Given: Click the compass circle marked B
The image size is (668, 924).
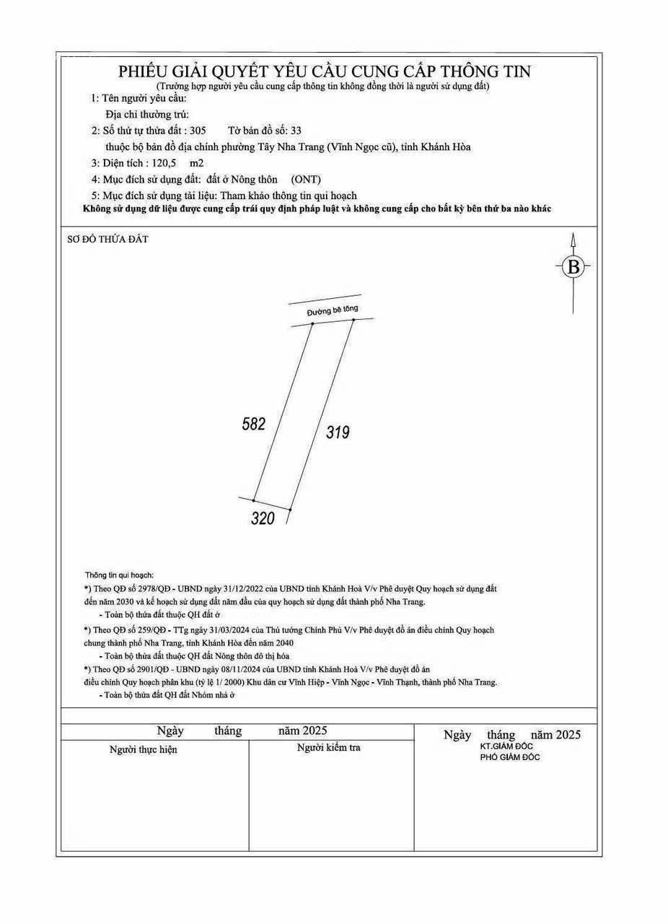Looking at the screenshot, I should coord(573,267).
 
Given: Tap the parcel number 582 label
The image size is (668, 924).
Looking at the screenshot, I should coord(253,424).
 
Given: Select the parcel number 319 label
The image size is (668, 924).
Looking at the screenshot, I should coord(338,432).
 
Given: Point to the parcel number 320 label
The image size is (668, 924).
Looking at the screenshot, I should coord(263,518).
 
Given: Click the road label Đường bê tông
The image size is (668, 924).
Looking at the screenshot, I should coord(332,310).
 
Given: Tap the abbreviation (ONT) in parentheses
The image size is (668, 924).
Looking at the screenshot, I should coord(306,179).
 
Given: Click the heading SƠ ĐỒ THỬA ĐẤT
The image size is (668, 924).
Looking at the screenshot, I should coord(108,239).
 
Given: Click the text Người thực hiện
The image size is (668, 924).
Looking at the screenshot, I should coord(143,750).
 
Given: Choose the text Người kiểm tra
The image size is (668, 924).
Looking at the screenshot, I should coord(329,748).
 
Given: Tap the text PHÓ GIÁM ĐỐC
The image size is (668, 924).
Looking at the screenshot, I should coord(510,757).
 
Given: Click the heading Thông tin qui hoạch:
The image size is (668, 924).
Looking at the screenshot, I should coord(119,575).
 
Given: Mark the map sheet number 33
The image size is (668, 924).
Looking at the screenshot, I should coord(296,131).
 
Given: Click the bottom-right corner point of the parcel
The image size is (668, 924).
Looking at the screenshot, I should coord(290,510).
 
